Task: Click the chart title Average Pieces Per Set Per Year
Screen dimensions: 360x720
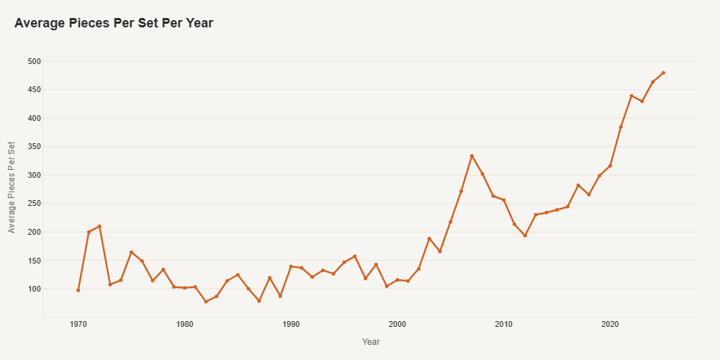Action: (x=114, y=23)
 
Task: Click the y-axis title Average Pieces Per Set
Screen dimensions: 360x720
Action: (x=12, y=188)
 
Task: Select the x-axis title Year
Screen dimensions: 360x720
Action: (x=371, y=342)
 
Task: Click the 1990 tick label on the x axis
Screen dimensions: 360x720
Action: (x=291, y=325)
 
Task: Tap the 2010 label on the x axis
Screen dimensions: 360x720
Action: (x=503, y=325)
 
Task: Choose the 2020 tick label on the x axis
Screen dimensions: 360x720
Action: (x=610, y=325)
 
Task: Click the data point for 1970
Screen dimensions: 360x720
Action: (x=78, y=290)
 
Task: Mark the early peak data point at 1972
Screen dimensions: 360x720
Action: (x=99, y=226)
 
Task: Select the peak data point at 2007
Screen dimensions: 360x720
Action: (x=472, y=156)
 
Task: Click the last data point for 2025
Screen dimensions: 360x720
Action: (x=663, y=73)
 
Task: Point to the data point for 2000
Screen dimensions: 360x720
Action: (x=397, y=279)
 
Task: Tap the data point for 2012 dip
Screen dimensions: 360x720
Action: (x=525, y=235)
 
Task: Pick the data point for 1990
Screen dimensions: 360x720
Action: (x=291, y=266)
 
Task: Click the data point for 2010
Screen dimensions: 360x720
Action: (x=503, y=200)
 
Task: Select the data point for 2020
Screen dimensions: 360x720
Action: (x=610, y=166)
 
